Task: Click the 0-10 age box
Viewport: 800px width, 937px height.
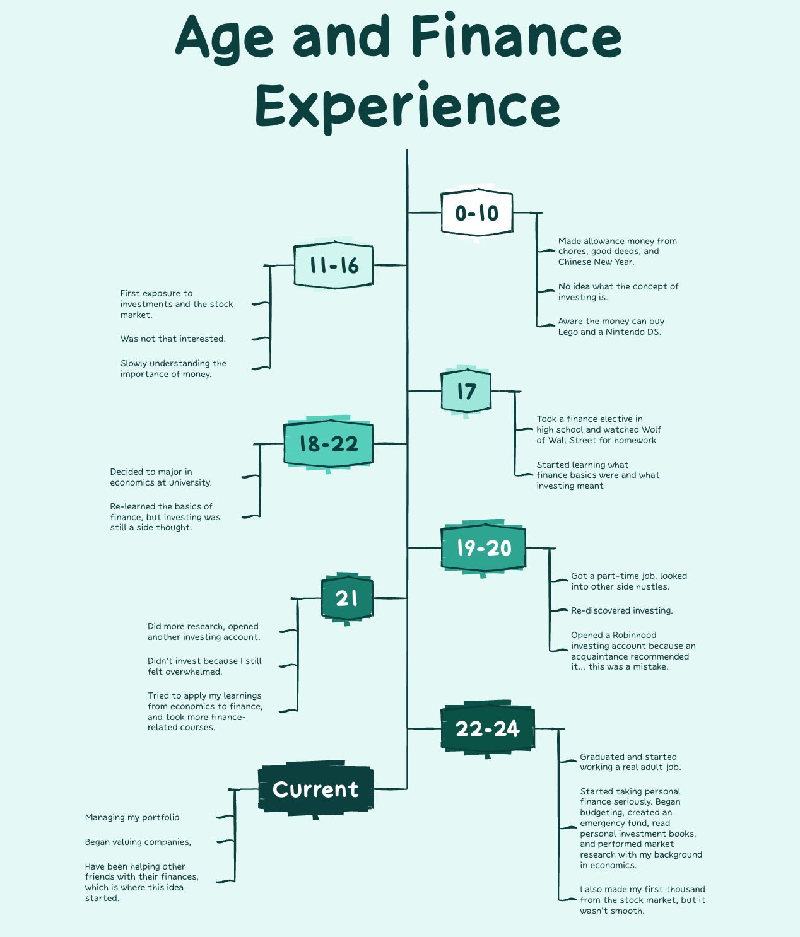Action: click(x=476, y=213)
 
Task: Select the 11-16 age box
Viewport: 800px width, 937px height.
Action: click(x=334, y=265)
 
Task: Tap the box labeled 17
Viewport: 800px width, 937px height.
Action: click(x=466, y=391)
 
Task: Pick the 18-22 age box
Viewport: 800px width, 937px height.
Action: click(x=328, y=444)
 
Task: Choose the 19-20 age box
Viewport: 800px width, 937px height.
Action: click(x=483, y=548)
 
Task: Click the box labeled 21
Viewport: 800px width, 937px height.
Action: click(x=346, y=598)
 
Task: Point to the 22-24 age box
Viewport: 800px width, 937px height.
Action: click(x=487, y=729)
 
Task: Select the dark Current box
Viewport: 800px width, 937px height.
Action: click(x=315, y=789)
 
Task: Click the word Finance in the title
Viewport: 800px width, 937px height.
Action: click(x=516, y=37)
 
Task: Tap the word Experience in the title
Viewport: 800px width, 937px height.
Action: click(x=408, y=106)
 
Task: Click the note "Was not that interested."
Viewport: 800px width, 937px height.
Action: click(x=173, y=339)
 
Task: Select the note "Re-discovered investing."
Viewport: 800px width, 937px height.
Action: click(x=621, y=611)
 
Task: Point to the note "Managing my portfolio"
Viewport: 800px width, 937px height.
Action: click(x=132, y=818)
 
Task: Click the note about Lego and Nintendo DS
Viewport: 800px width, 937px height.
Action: click(x=610, y=327)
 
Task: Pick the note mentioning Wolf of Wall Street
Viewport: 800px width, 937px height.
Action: click(x=598, y=430)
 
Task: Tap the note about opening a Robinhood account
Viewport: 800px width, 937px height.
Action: click(x=633, y=651)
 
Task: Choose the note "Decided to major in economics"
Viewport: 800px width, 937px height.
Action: click(x=160, y=477)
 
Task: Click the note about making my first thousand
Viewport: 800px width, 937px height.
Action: click(x=642, y=900)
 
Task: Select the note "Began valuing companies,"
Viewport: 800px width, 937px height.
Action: click(x=138, y=842)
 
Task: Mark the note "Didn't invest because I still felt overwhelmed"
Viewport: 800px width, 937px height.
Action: click(x=204, y=666)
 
